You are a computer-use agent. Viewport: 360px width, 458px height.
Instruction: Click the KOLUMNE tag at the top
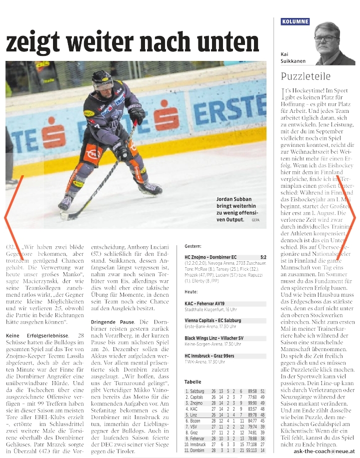pos(295,21)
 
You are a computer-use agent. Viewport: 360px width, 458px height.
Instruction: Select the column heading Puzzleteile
pos(305,76)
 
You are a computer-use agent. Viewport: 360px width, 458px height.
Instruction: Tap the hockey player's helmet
pos(102,79)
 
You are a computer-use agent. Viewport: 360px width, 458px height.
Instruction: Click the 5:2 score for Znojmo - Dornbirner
pos(263,257)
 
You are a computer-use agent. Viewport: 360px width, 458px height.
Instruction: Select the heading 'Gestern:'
pos(193,247)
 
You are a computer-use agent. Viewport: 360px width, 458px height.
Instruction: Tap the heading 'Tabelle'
pos(193,382)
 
